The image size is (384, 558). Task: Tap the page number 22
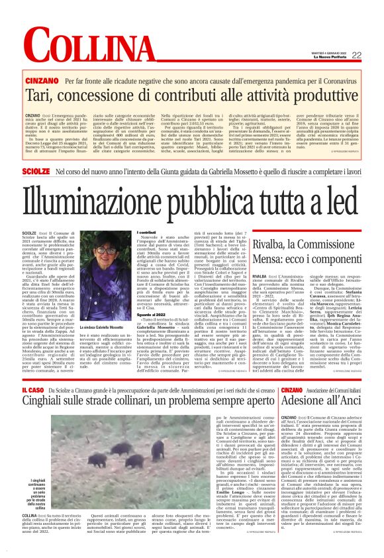375,56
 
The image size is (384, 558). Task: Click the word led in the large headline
357,201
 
